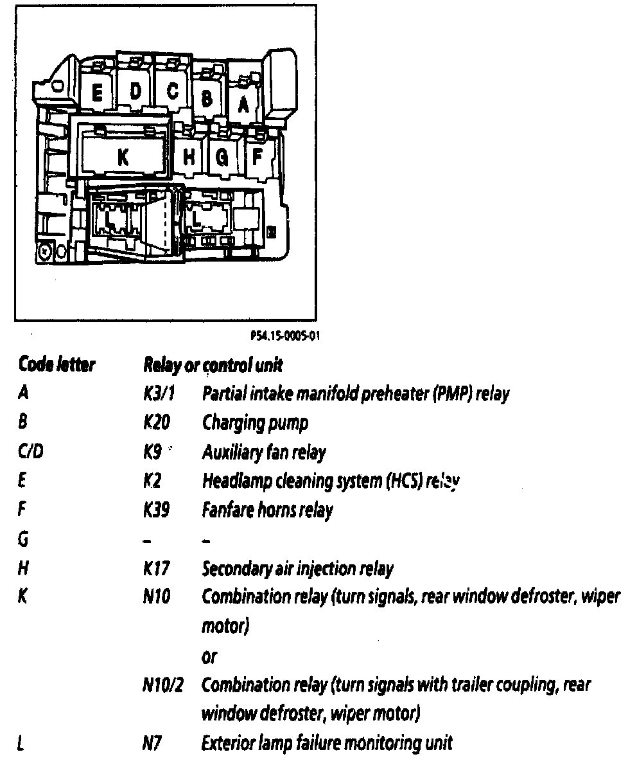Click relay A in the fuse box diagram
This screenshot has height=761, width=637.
click(242, 103)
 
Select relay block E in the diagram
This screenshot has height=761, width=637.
click(98, 94)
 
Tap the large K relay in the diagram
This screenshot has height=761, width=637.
click(123, 157)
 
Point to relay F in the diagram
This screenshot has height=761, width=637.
click(257, 156)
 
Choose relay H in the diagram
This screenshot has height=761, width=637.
click(189, 157)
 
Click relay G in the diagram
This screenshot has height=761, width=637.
click(222, 157)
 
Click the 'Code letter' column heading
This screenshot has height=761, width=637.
click(57, 366)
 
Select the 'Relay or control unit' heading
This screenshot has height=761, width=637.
click(213, 366)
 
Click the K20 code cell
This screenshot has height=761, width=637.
click(157, 423)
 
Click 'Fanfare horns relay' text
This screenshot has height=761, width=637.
click(267, 511)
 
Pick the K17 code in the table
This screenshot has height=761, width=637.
click(156, 569)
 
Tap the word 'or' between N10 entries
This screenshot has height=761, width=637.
click(209, 657)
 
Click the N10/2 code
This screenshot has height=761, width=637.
click(163, 685)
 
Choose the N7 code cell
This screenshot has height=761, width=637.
click(152, 744)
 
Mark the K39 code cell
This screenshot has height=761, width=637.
click(157, 511)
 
